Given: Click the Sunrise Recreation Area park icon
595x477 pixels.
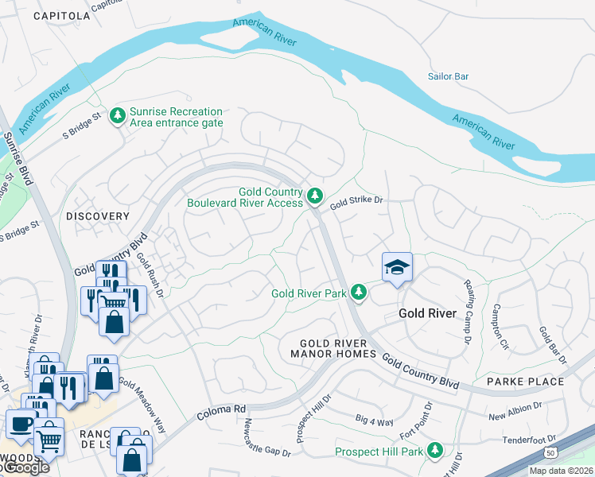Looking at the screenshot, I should pyautogui.click(x=118, y=117).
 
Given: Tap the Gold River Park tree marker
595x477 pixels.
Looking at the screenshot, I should pyautogui.click(x=359, y=293).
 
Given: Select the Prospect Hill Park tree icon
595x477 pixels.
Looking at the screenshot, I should pyautogui.click(x=434, y=452).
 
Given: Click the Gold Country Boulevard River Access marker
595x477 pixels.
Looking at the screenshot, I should pyautogui.click(x=315, y=196).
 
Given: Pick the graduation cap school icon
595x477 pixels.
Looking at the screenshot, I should pyautogui.click(x=397, y=268).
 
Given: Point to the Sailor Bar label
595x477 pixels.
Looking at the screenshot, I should pyautogui.click(x=448, y=76).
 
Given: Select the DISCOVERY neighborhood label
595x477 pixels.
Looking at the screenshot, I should pyautogui.click(x=97, y=216).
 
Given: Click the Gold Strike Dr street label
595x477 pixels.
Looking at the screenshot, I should pyautogui.click(x=356, y=201).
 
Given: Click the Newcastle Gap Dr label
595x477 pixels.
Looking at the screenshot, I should pyautogui.click(x=267, y=439).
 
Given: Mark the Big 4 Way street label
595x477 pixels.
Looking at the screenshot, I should pyautogui.click(x=374, y=421).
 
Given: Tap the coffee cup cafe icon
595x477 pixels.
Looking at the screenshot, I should pyautogui.click(x=20, y=423).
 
